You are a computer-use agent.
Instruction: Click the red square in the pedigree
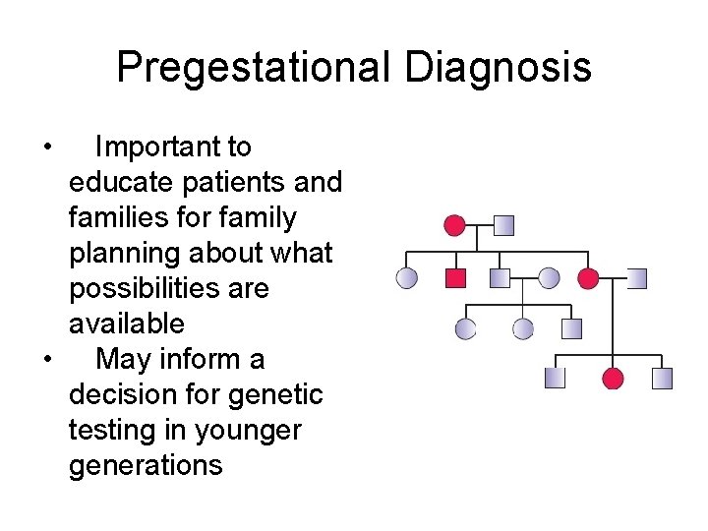pos(455,278)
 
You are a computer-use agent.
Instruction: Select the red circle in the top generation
pos(454,225)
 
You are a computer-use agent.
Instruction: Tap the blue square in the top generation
pos(503,225)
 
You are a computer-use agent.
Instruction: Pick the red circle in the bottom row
pos(613,378)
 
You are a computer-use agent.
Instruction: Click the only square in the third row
pos(571,328)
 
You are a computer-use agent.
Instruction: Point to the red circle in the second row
pos(588,278)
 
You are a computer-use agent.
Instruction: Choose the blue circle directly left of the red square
pos(406,278)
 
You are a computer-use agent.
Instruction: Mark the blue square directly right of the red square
pos(500,278)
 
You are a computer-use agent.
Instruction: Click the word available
pos(126,324)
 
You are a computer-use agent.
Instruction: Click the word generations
pos(146,465)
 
